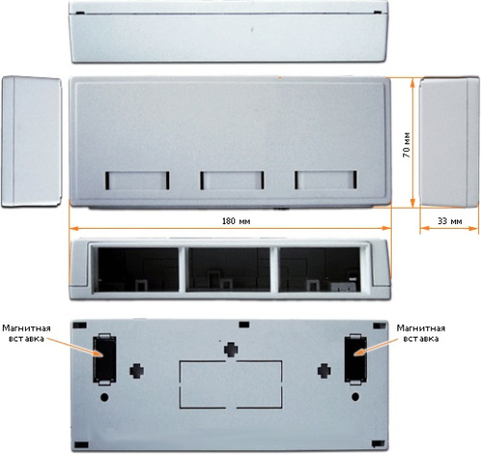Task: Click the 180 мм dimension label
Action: [x=236, y=221]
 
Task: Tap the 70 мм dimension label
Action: [x=406, y=144]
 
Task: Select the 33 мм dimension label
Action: [x=449, y=221]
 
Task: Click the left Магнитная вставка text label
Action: [x=26, y=333]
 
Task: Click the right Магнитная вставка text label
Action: [x=421, y=333]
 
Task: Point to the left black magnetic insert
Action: [x=105, y=359]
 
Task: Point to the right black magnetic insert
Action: [x=355, y=359]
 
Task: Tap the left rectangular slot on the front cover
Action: [x=137, y=181]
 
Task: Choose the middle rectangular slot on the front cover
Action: [x=232, y=180]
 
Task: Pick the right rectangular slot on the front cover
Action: [x=325, y=180]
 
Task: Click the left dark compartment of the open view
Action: [x=137, y=269]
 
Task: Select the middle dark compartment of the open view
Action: [x=228, y=269]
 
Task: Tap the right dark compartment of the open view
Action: [x=320, y=269]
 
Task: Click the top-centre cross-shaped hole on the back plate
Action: [x=230, y=349]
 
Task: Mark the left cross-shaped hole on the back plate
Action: [x=136, y=371]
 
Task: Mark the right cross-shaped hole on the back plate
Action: [x=325, y=370]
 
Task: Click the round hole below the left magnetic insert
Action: [x=105, y=397]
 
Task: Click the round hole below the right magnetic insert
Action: [x=355, y=397]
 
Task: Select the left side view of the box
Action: [x=32, y=141]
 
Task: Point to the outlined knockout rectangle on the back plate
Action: [x=230, y=385]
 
